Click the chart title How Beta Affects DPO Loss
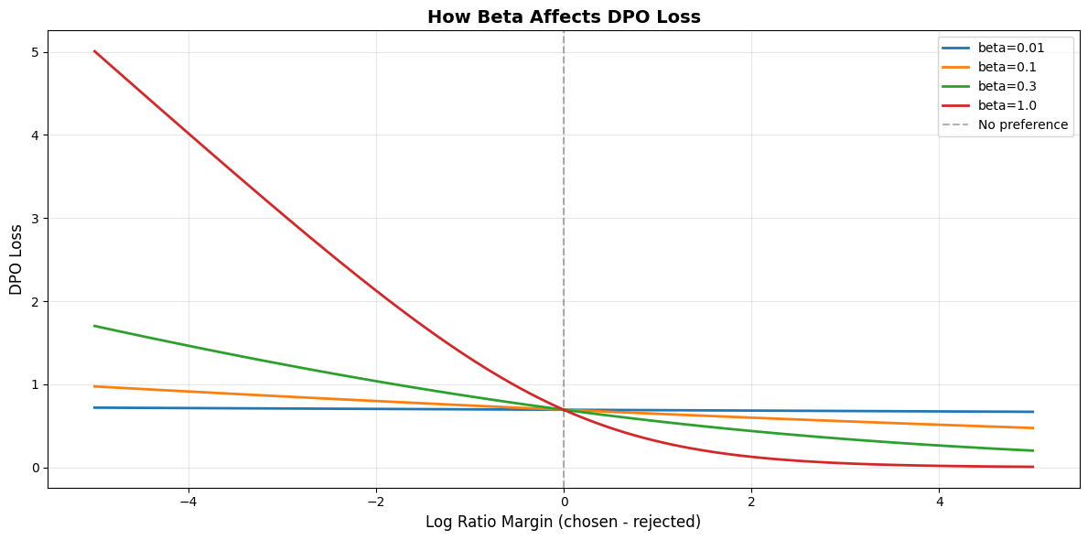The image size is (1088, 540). [564, 16]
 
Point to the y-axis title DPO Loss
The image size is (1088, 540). [16, 259]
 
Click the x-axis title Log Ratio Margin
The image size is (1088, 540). [563, 522]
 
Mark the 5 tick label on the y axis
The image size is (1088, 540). [34, 52]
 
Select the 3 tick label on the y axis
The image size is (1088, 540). [34, 219]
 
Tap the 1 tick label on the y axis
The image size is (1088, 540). [34, 384]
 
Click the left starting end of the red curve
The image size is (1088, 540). [94, 51]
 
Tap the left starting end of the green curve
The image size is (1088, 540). [94, 326]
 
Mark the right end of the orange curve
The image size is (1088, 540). [1032, 427]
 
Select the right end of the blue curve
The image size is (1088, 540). [1032, 412]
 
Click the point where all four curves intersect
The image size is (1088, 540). [564, 409]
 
